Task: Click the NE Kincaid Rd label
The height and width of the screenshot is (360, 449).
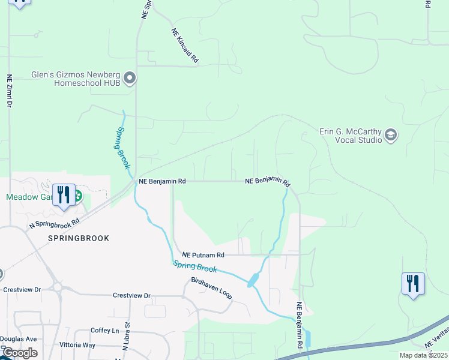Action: click(185, 46)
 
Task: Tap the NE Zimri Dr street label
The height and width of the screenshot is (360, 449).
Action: click(9, 91)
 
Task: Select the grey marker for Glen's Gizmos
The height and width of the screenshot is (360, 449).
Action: click(129, 78)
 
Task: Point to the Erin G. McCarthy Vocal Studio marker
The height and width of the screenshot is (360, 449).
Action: click(391, 136)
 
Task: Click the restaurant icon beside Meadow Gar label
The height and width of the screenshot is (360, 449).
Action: click(64, 195)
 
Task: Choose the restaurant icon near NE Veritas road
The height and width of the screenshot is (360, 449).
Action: click(413, 283)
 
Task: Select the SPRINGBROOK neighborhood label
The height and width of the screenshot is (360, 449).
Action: click(79, 238)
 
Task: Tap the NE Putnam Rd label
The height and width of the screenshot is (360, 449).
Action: click(203, 254)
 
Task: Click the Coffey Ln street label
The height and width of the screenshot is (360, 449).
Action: click(105, 331)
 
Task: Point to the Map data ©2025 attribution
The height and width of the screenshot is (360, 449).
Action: click(423, 355)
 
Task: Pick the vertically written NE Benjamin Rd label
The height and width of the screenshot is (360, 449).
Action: click(299, 325)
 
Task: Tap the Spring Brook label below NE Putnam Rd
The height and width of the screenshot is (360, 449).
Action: click(195, 266)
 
